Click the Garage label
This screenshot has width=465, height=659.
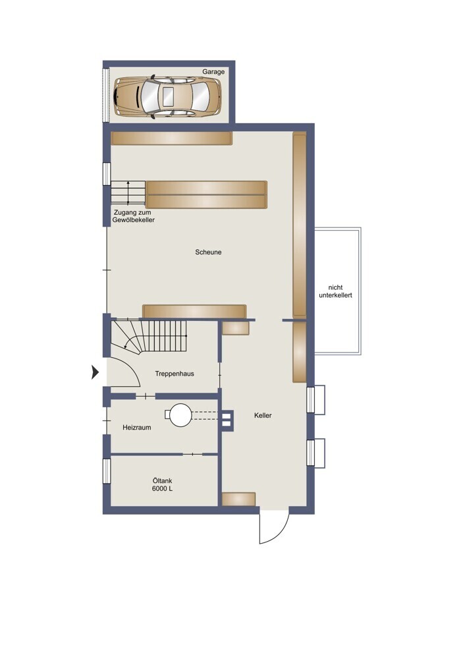pos(213,72)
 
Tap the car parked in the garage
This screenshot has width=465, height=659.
pos(167,97)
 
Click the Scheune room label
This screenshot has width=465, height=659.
pos(208,252)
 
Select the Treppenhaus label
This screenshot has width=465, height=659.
pos(175,374)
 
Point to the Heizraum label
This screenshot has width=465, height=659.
pos(137,428)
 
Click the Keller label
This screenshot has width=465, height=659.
pos(263,415)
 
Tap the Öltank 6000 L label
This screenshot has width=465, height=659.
pos(163,484)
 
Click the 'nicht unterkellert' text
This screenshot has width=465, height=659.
pos(336,291)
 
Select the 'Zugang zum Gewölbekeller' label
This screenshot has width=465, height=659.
pos(133,216)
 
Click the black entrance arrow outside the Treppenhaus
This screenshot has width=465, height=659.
pos(96,372)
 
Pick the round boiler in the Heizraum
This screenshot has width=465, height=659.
pos(180,415)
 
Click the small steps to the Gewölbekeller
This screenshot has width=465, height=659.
pos(128,192)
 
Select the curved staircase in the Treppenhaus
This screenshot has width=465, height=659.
pos(149,336)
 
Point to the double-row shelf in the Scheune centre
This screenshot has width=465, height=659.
pos(206,194)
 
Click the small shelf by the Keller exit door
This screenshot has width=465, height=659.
pos(238,500)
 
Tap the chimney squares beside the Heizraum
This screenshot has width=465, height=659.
pos(227,420)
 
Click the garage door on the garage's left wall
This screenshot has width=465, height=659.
pos(106,94)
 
